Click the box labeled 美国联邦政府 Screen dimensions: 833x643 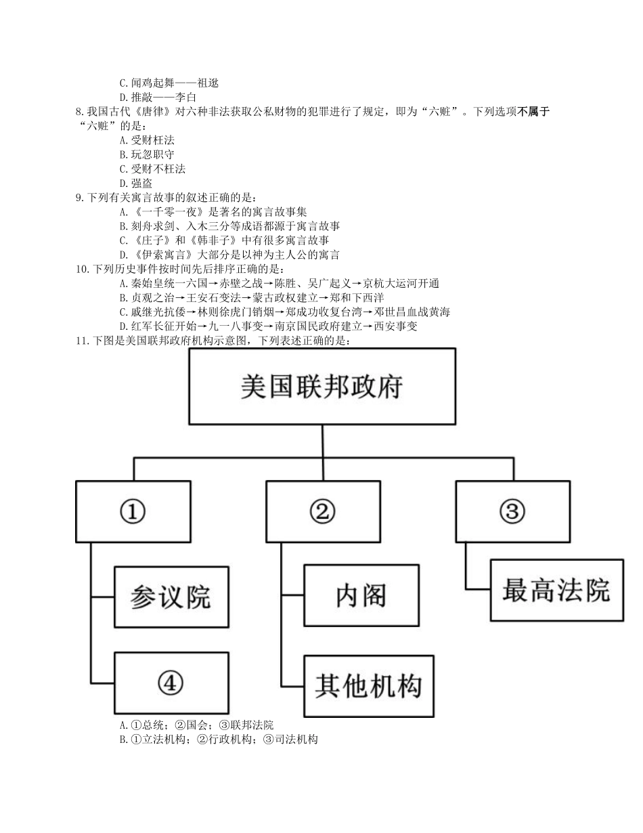coord(321,387)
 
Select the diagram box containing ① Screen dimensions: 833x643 coord(133,511)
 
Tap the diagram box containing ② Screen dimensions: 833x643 coord(322,511)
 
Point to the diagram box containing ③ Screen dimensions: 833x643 coord(512,511)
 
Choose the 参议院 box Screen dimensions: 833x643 coord(170,597)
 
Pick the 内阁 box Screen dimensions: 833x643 coord(361,595)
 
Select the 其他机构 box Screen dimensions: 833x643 coord(368,686)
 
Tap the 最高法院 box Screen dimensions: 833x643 coord(556,590)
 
